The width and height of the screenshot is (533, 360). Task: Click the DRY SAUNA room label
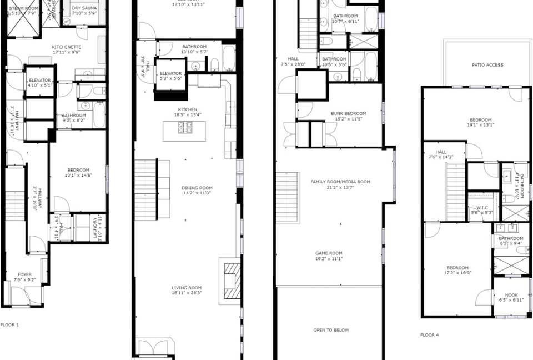(84, 8)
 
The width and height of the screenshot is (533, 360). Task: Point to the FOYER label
(24, 274)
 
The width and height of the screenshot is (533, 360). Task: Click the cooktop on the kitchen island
(185, 128)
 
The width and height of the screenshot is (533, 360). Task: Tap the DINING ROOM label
(197, 188)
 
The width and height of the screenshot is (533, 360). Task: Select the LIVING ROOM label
(187, 288)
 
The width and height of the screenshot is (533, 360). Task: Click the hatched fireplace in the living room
(233, 281)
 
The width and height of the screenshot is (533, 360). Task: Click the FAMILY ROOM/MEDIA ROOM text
(340, 182)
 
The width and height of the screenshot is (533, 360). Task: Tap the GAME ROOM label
(329, 253)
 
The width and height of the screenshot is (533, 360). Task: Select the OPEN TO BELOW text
(331, 330)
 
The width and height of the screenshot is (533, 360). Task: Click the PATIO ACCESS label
(487, 65)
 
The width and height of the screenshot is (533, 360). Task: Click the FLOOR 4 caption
(429, 335)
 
